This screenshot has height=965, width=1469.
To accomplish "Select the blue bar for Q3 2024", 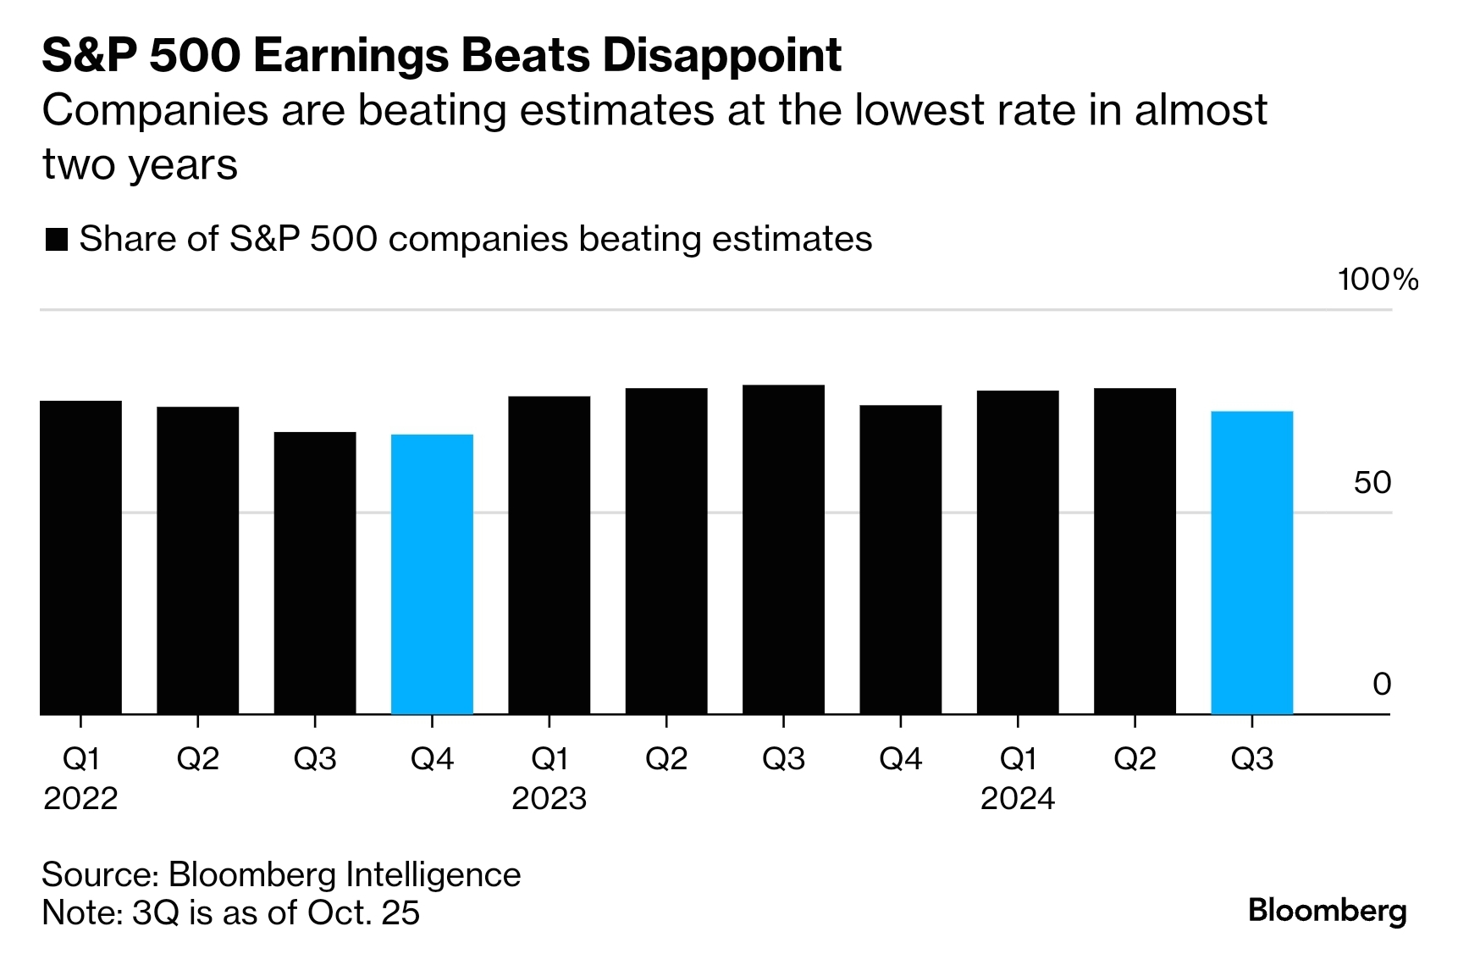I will pos(1251,563).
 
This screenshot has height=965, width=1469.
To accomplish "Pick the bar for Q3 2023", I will pos(783,550).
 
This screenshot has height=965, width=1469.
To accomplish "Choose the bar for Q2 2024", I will pos(1135,552).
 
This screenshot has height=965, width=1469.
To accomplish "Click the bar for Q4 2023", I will pos(900,560).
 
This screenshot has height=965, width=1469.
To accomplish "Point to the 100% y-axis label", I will pos(1378,280).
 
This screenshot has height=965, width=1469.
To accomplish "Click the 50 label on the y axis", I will pos(1372,482).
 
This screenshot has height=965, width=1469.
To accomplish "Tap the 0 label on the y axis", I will pos(1382,684).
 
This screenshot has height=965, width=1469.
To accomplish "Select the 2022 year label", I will pos(80,798).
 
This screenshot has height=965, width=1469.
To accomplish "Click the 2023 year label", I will pos(549,798).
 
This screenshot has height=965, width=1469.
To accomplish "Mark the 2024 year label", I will pos(1017,798).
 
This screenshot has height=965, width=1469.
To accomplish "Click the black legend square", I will pos(56,240).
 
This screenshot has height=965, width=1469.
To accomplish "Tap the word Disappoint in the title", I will pos(722,56).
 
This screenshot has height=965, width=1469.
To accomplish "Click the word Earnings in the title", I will pos(348,56).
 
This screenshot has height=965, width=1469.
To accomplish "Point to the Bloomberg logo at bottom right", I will pos(1327,911).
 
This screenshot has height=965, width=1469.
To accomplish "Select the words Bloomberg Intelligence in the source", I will pos(345,874).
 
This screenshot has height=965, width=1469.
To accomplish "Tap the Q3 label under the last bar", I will pos(1251,758).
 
